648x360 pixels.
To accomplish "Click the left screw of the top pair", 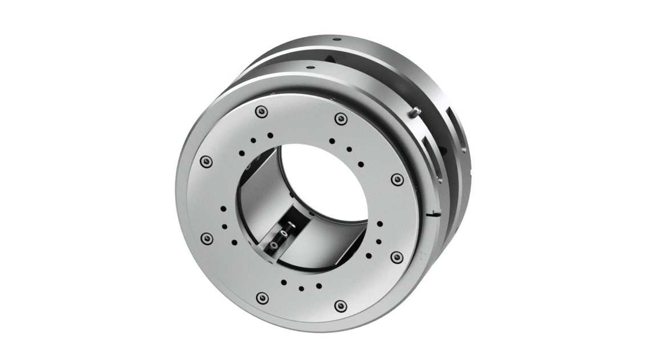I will [261, 111].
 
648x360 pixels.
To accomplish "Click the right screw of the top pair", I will [341, 119].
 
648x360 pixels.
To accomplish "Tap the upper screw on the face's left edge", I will [206, 161].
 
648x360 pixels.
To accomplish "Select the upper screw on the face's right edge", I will [398, 181].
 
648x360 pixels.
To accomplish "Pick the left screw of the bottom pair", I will [262, 297].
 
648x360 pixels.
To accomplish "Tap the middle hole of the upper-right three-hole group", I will [349, 149].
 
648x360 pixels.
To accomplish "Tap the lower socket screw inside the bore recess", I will [275, 245].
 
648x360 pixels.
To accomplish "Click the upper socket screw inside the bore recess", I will [283, 234].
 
